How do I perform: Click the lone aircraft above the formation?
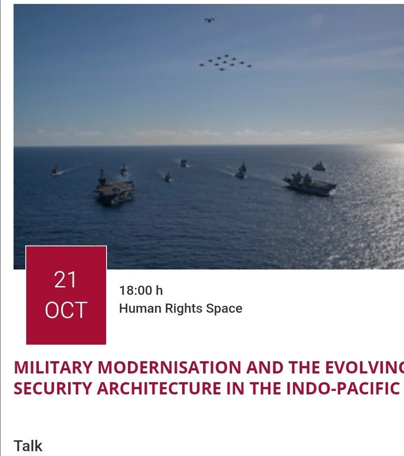pos(210,20)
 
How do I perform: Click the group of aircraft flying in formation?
pos(225,62)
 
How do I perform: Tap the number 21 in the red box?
pos(66,280)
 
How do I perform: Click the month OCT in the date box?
pos(66,310)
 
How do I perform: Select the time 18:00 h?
pos(141,290)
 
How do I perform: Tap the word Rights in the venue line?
pos(183,308)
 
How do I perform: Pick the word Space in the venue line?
pos(224,308)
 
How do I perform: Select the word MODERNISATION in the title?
pos(169,368)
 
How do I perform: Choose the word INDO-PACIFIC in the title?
pos(343,388)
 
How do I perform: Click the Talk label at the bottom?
pos(28,446)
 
